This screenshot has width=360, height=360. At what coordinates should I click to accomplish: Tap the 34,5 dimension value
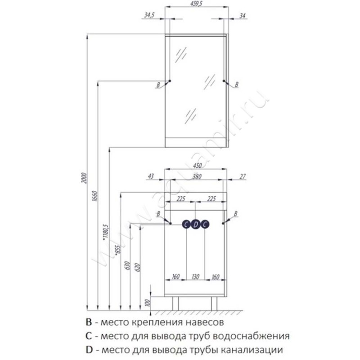point(149,15)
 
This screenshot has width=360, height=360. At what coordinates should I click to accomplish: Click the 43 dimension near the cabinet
point(151,176)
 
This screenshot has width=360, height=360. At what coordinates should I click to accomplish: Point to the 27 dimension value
point(243,176)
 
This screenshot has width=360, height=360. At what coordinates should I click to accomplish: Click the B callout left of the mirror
point(158,85)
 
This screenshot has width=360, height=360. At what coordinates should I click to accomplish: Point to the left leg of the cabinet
point(175,303)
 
